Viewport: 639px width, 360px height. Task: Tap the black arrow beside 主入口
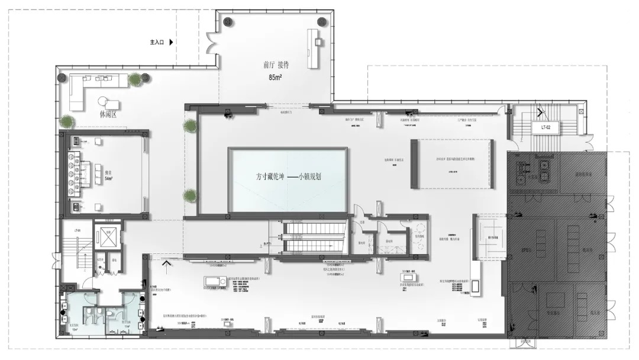click(x=171, y=42)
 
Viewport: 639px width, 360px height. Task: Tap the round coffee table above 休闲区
click(x=104, y=101)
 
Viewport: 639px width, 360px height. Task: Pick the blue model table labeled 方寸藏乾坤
click(x=288, y=180)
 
